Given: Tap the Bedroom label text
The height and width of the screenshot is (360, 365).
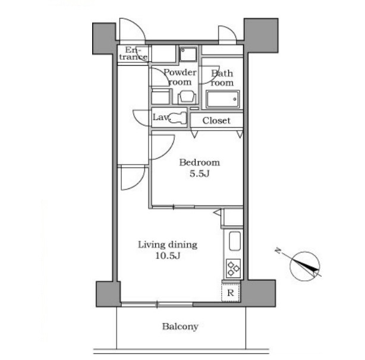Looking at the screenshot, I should coord(200,163).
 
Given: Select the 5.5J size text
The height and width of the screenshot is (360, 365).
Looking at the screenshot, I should coord(200,174).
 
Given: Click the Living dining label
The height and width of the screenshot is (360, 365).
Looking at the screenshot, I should coord(168,245).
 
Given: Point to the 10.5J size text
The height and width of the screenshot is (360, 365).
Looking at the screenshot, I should coord(168,256).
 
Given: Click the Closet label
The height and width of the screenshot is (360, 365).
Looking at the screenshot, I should coord(216,121).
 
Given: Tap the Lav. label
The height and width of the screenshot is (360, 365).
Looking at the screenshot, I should coord(161,117).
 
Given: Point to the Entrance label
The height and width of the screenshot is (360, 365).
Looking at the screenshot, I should coord(133,53).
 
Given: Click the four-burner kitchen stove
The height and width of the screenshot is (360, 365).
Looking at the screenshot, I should coord(233,269).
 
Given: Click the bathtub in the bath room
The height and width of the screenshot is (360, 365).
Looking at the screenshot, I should coord(223,99).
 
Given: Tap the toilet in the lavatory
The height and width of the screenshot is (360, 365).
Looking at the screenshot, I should coord(180,116).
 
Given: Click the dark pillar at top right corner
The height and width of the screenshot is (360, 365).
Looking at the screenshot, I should coord(261,36).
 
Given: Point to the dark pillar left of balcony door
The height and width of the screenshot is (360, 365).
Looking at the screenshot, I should coord(108,293).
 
